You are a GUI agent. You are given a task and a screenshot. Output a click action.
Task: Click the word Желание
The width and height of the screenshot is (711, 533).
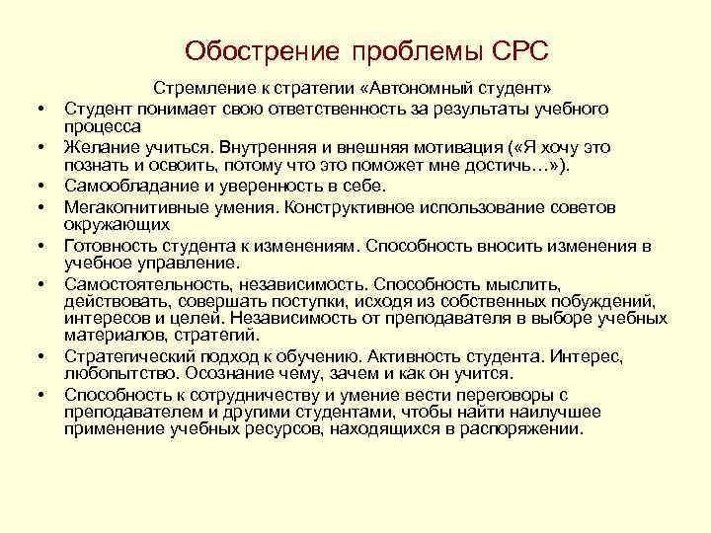(96, 147)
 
